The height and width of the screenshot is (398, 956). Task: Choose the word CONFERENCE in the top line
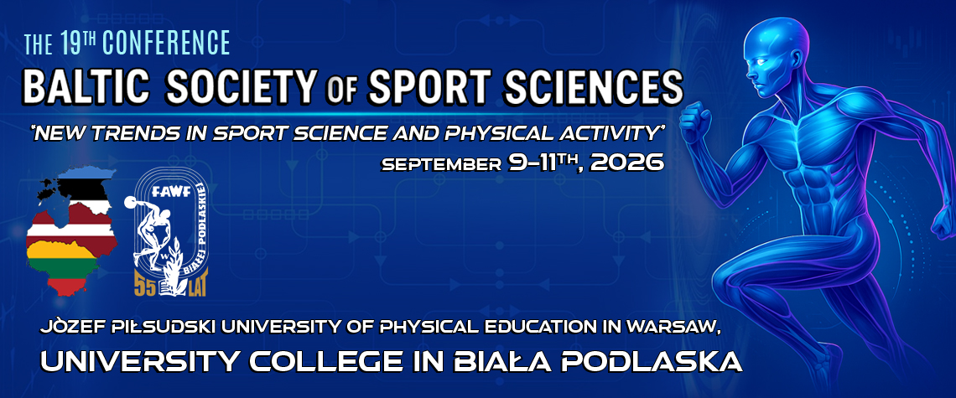tap(166, 43)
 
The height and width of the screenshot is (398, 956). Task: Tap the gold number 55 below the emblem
tap(145, 287)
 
